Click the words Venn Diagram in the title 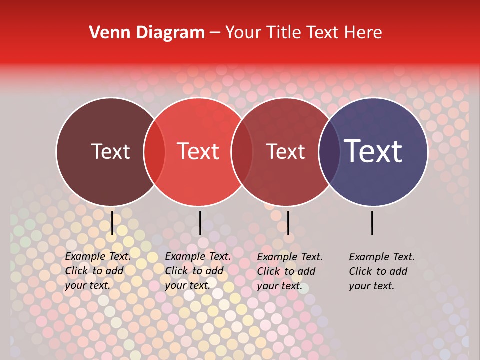coord(147,33)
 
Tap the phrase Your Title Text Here coord(303,33)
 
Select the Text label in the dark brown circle coord(110,152)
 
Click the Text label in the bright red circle coord(198,152)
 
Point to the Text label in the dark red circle coord(285,152)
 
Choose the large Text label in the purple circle coord(373,151)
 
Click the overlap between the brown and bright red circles coord(154,152)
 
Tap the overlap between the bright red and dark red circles coord(242,152)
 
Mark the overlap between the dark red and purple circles coord(329,152)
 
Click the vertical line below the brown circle coord(112,223)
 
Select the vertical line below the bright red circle coord(200,223)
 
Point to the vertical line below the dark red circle coord(288,223)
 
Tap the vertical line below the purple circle coord(372,223)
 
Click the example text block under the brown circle coord(98,271)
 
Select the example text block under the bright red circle coord(198,271)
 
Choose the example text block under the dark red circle coord(290,271)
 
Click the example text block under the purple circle coord(382,271)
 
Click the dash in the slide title coord(215,33)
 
